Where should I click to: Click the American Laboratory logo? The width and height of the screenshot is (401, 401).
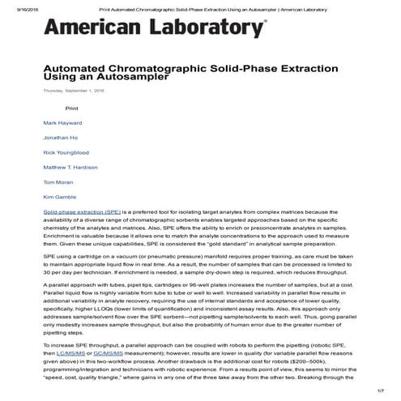[x=154, y=29]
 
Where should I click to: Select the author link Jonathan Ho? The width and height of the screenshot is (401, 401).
[x=60, y=138]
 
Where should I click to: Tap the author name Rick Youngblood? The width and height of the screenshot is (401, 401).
[x=66, y=152]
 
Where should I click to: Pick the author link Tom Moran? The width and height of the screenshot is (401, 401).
[x=58, y=182]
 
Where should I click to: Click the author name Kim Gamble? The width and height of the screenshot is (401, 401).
[x=59, y=197]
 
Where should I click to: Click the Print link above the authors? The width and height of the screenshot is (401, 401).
[x=72, y=108]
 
